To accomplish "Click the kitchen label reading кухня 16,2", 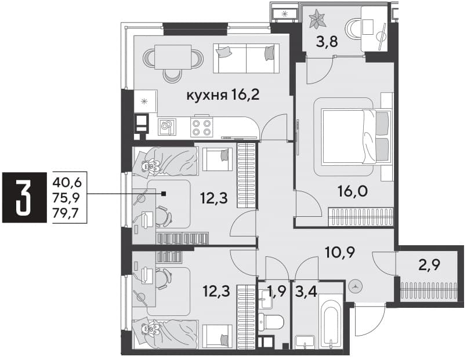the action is pyautogui.click(x=223, y=95).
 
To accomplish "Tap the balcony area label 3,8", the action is pyautogui.click(x=327, y=42).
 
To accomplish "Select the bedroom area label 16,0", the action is pyautogui.click(x=353, y=191).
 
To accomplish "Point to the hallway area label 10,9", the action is pyautogui.click(x=339, y=253).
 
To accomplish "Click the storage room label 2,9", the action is pyautogui.click(x=429, y=264).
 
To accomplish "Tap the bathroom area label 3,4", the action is pyautogui.click(x=306, y=292).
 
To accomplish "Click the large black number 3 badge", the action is pyautogui.click(x=24, y=197).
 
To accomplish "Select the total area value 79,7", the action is pyautogui.click(x=67, y=213).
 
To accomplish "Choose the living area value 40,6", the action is pyautogui.click(x=67, y=182).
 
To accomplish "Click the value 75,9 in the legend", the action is pyautogui.click(x=67, y=197).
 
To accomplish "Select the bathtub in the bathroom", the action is pyautogui.click(x=331, y=321).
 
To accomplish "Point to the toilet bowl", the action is pyautogui.click(x=270, y=321).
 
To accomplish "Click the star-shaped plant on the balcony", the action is pyautogui.click(x=316, y=19).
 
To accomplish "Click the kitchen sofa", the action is pyautogui.click(x=247, y=59).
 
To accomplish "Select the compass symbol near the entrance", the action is pyautogui.click(x=355, y=287).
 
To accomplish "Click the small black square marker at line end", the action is pyautogui.click(x=163, y=194).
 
